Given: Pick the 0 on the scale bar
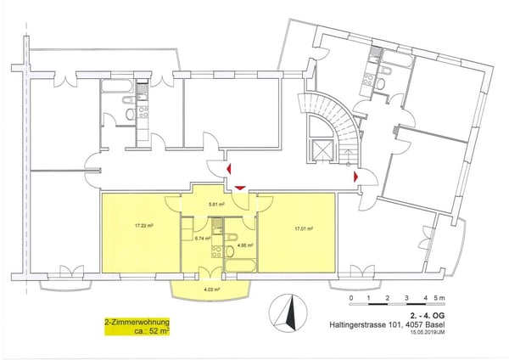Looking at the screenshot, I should click(x=350, y=300).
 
